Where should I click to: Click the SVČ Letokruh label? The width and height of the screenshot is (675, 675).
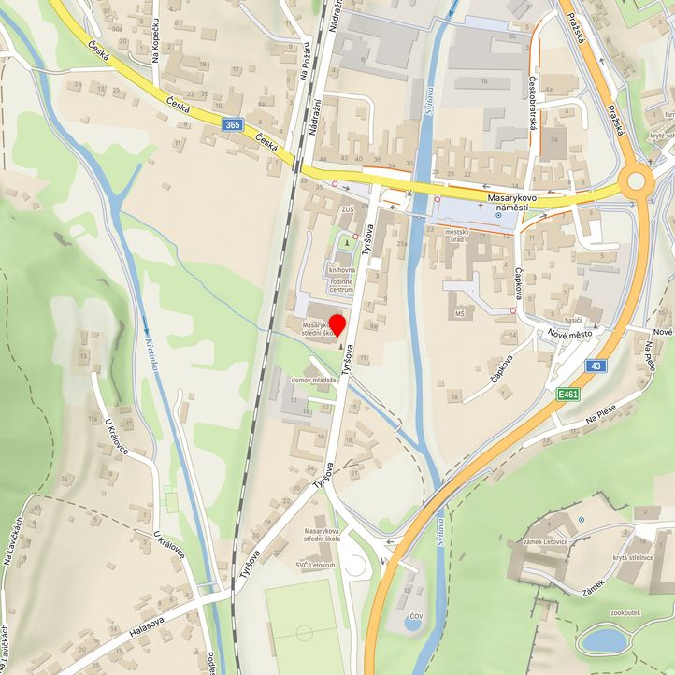pyautogui.click(x=315, y=566)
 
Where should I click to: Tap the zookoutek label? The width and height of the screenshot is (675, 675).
pyautogui.click(x=625, y=612)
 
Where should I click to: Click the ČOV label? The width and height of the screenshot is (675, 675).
pyautogui.click(x=413, y=618)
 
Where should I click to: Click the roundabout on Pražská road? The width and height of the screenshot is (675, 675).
pyautogui.click(x=638, y=180)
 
